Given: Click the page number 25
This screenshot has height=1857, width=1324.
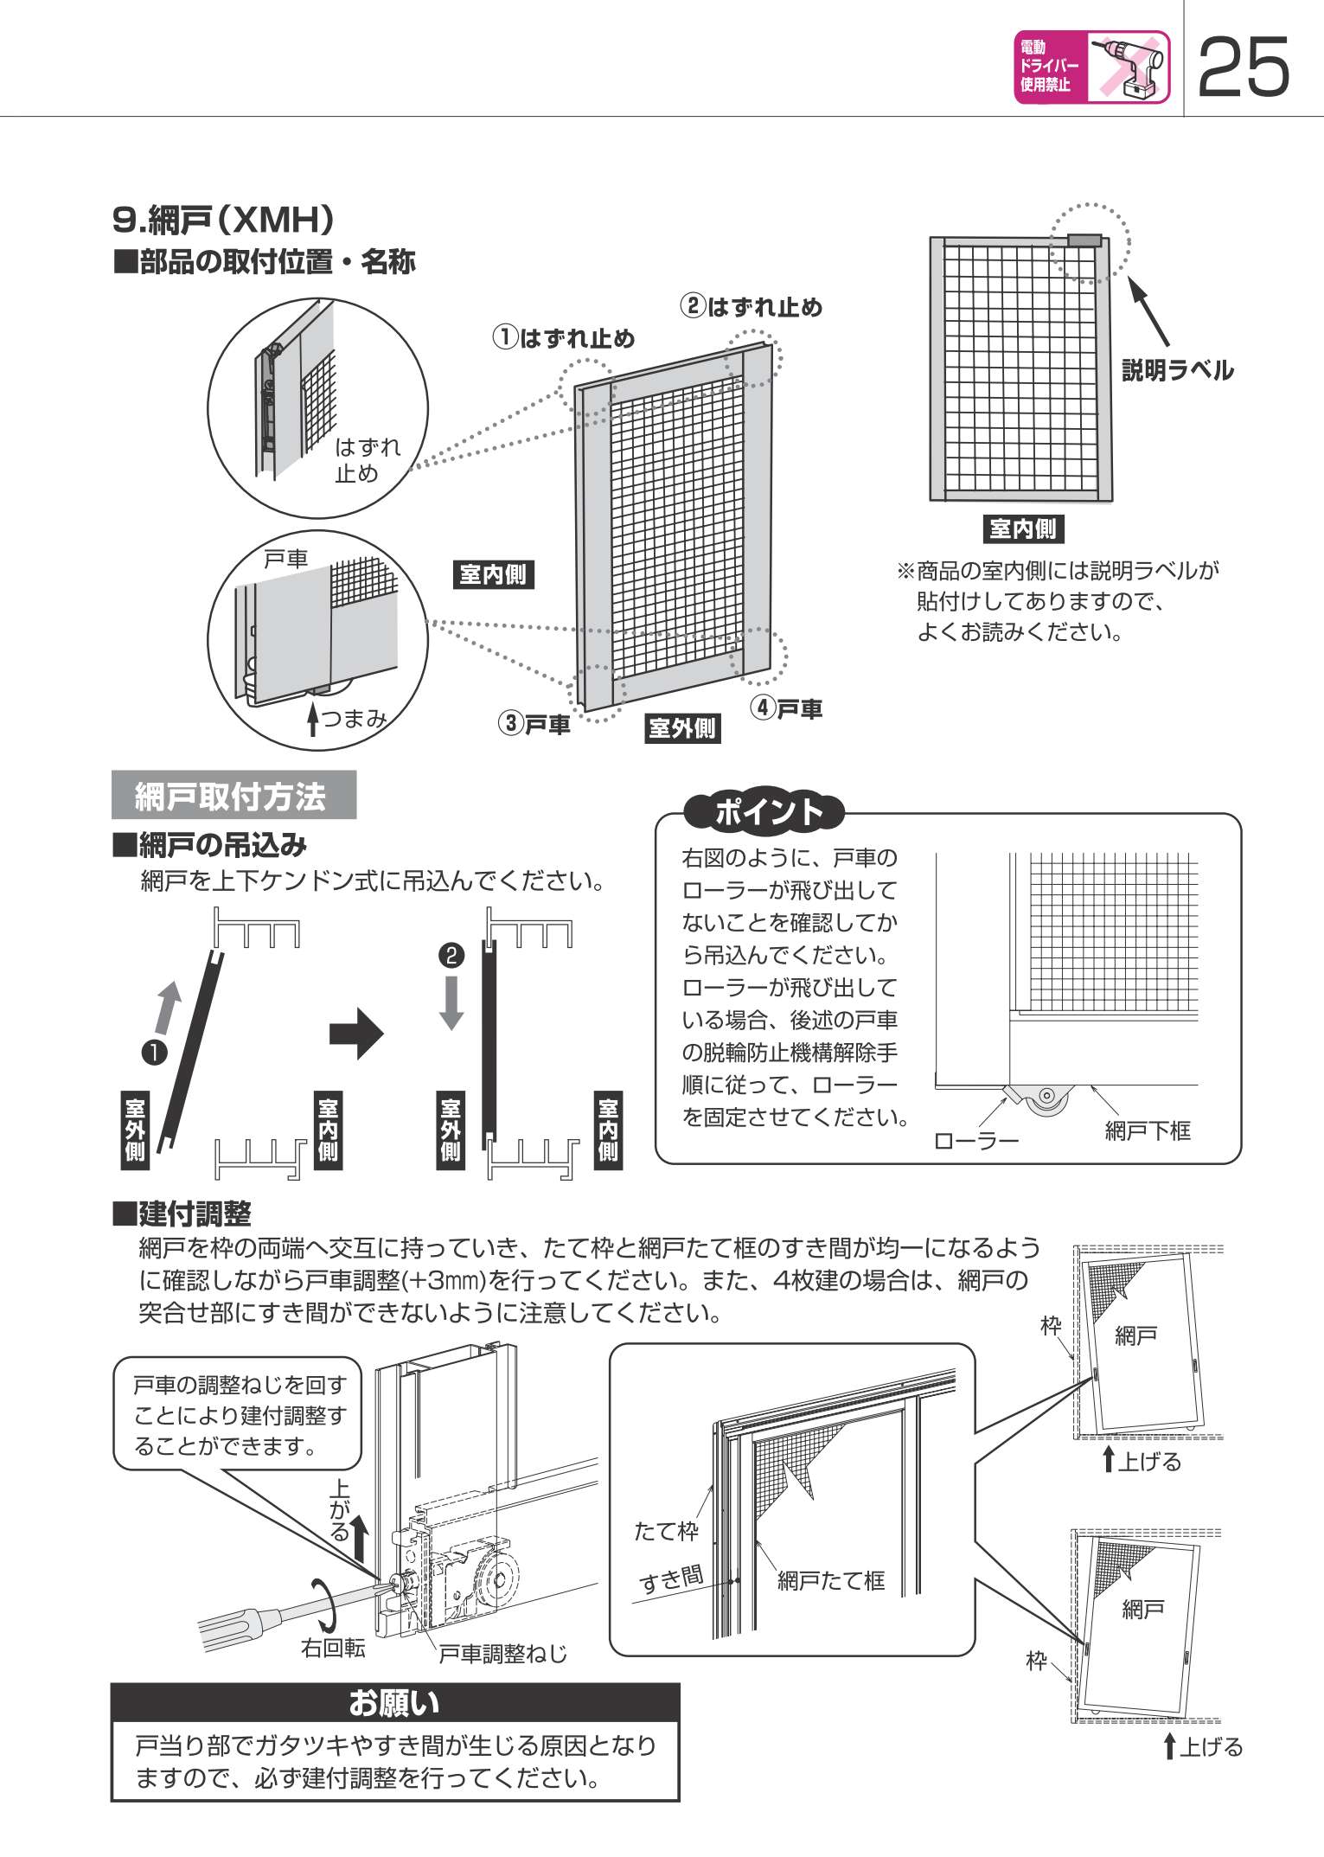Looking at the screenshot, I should [x=1244, y=67].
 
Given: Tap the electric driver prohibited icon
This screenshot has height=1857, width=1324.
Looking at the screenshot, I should [x=1091, y=67].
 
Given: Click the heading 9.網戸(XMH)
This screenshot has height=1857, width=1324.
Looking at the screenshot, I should [x=223, y=220].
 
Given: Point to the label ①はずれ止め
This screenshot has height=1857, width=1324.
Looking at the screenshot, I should [x=564, y=337].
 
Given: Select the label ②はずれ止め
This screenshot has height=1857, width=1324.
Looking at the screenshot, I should [x=751, y=307].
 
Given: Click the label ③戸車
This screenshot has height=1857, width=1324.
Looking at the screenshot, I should [x=534, y=724].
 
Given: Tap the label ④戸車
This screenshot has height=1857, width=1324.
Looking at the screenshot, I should [x=786, y=709].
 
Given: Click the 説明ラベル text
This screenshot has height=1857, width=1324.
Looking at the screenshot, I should [x=1177, y=370].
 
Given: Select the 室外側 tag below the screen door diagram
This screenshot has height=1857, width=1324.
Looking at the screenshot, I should [x=682, y=728].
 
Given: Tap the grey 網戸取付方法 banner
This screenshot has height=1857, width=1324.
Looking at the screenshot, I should [x=233, y=795].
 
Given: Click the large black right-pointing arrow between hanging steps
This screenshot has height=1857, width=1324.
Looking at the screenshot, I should [x=355, y=1033].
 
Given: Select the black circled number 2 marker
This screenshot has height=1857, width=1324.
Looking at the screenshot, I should [x=451, y=955].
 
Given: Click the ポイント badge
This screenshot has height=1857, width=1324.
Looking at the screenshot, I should [x=764, y=812].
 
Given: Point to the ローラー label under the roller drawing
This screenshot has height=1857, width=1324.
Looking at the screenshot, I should [x=976, y=1141].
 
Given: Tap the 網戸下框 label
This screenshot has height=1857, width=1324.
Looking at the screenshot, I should [x=1148, y=1130].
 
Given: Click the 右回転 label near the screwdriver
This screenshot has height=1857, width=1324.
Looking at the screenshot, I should [x=333, y=1648].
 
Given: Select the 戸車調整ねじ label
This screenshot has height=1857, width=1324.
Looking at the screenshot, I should [x=502, y=1654].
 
